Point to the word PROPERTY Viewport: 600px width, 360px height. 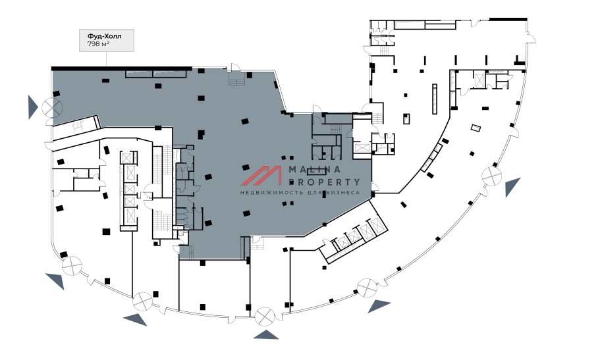point(325,182)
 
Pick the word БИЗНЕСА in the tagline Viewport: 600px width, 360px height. point(339,193)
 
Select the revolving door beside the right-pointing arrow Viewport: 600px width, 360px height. point(51,107)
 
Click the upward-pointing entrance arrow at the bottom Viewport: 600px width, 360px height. point(267,335)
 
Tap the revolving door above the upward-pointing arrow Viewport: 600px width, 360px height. point(265,316)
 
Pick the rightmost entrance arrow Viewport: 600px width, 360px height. point(513,188)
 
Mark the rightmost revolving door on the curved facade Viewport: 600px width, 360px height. point(491,176)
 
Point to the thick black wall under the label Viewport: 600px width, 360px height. point(121,68)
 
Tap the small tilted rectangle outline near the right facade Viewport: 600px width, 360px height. point(475,128)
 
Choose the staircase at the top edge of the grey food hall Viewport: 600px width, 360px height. point(236,81)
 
